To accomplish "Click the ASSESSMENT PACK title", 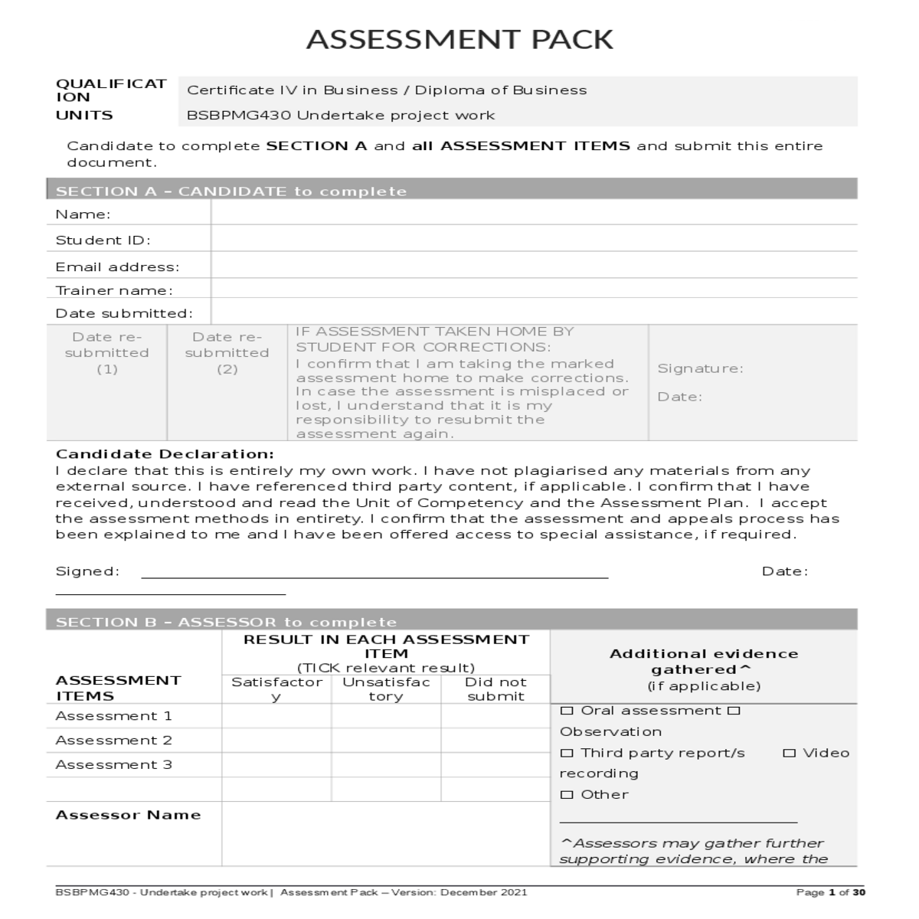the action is [459, 39].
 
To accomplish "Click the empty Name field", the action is [533, 214].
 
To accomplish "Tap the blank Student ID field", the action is [533, 239].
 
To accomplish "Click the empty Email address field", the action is [533, 265].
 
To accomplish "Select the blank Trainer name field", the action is [533, 289].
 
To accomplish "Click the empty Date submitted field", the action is [533, 312].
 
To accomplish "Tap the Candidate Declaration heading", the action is [165, 454].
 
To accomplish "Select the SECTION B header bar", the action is [451, 620].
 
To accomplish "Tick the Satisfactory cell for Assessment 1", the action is [276, 716].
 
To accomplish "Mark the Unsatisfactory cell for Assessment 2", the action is [386, 741].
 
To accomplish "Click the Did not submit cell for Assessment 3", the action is [495, 765].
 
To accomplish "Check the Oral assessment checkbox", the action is [567, 711].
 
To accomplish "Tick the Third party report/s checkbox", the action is [567, 753].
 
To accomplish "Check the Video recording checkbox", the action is [790, 753].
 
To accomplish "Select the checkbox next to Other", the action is [567, 795].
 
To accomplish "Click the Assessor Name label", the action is [128, 815].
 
